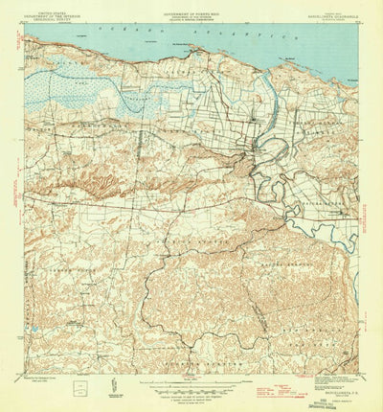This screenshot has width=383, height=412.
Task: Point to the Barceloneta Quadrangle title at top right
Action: pos(327,13)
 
